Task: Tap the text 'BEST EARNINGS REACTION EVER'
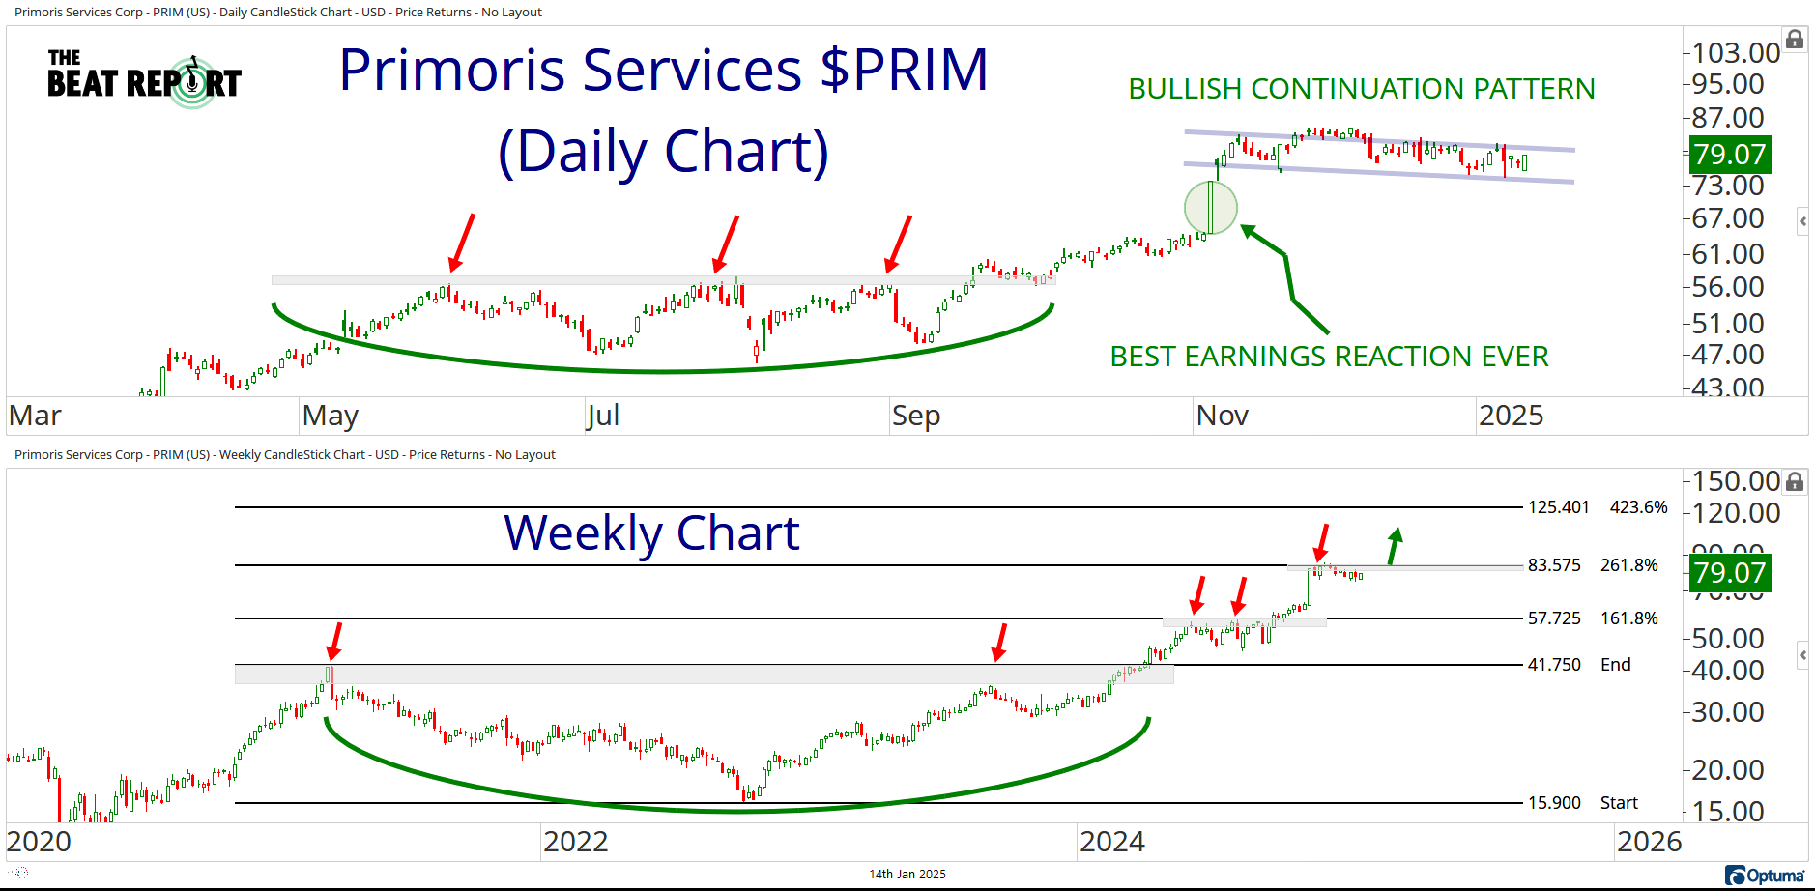[x=1329, y=357]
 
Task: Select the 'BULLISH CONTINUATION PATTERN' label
[x=1361, y=89]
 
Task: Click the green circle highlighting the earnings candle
[x=1210, y=207]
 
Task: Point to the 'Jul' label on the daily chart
[x=603, y=416]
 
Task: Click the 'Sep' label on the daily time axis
[x=915, y=416]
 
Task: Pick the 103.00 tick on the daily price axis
[x=1736, y=53]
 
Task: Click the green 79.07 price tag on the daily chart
[x=1729, y=154]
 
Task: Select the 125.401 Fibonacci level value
[x=1558, y=507]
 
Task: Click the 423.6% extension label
[x=1638, y=507]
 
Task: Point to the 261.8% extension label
[x=1628, y=565]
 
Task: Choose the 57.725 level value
[x=1554, y=618]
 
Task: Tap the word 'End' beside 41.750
[x=1615, y=665]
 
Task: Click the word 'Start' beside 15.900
[x=1619, y=803]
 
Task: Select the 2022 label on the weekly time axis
[x=575, y=842]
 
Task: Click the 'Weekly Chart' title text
[x=651, y=533]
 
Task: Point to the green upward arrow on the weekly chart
[x=1394, y=546]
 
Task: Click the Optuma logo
[x=1765, y=876]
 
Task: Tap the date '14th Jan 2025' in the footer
[x=907, y=875]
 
